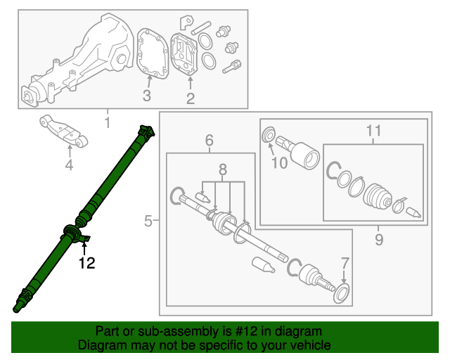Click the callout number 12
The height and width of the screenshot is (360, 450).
pos(86,264)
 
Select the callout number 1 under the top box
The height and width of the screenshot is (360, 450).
pos(108,124)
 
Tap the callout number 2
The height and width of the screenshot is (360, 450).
pos(190,98)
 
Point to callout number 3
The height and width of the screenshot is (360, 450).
pos(147,96)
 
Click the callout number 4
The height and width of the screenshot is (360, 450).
pos(69,165)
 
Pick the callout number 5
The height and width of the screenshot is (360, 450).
pos(148,221)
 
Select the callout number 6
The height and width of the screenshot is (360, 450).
pos(210,141)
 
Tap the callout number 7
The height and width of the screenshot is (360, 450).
pos(345,262)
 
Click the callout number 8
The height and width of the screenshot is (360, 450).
pos(223,169)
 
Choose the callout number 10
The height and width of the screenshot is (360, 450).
pos(280,164)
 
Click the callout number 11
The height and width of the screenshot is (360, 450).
pos(373,130)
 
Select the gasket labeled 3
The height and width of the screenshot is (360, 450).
pos(151,52)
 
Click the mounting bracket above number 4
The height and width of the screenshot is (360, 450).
pos(65,131)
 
